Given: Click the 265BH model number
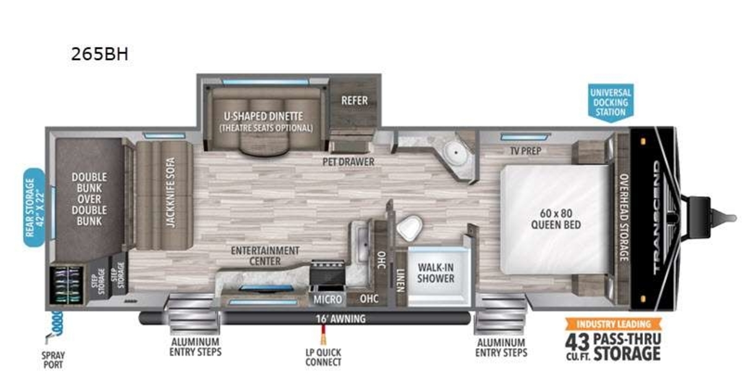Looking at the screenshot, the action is (x=100, y=54).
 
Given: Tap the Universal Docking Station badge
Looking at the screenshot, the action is (x=610, y=102).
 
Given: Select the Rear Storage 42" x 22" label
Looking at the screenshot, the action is (x=34, y=207).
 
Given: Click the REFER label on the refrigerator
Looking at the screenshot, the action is (x=354, y=101).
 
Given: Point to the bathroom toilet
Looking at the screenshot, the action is (x=409, y=227).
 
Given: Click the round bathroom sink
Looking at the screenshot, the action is (x=456, y=152).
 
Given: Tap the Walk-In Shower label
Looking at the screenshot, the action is (x=435, y=273).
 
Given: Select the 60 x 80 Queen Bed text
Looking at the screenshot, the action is (x=556, y=219).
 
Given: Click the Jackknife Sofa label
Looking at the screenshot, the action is (x=170, y=193).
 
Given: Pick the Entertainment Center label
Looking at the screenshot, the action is (x=265, y=256).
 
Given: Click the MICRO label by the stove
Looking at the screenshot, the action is (x=328, y=299).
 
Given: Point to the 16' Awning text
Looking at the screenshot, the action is (x=341, y=319).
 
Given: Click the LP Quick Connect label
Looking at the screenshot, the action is (x=323, y=357).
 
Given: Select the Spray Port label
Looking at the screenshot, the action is (x=53, y=361).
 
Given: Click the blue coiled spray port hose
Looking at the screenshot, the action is (x=57, y=323).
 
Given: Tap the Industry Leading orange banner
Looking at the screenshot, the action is (x=613, y=324).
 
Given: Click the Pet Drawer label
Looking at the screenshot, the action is (x=349, y=162).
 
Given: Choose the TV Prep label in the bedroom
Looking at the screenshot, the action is (x=526, y=151).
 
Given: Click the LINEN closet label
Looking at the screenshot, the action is (x=401, y=280).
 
